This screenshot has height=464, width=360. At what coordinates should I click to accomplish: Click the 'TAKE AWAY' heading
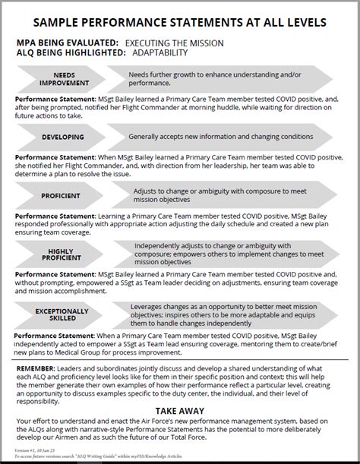[181, 409]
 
